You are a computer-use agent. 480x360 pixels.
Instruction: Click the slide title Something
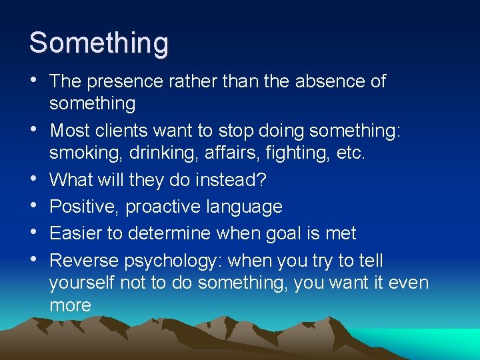[x=99, y=43]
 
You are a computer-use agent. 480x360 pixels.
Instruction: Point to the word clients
[x=133, y=131]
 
